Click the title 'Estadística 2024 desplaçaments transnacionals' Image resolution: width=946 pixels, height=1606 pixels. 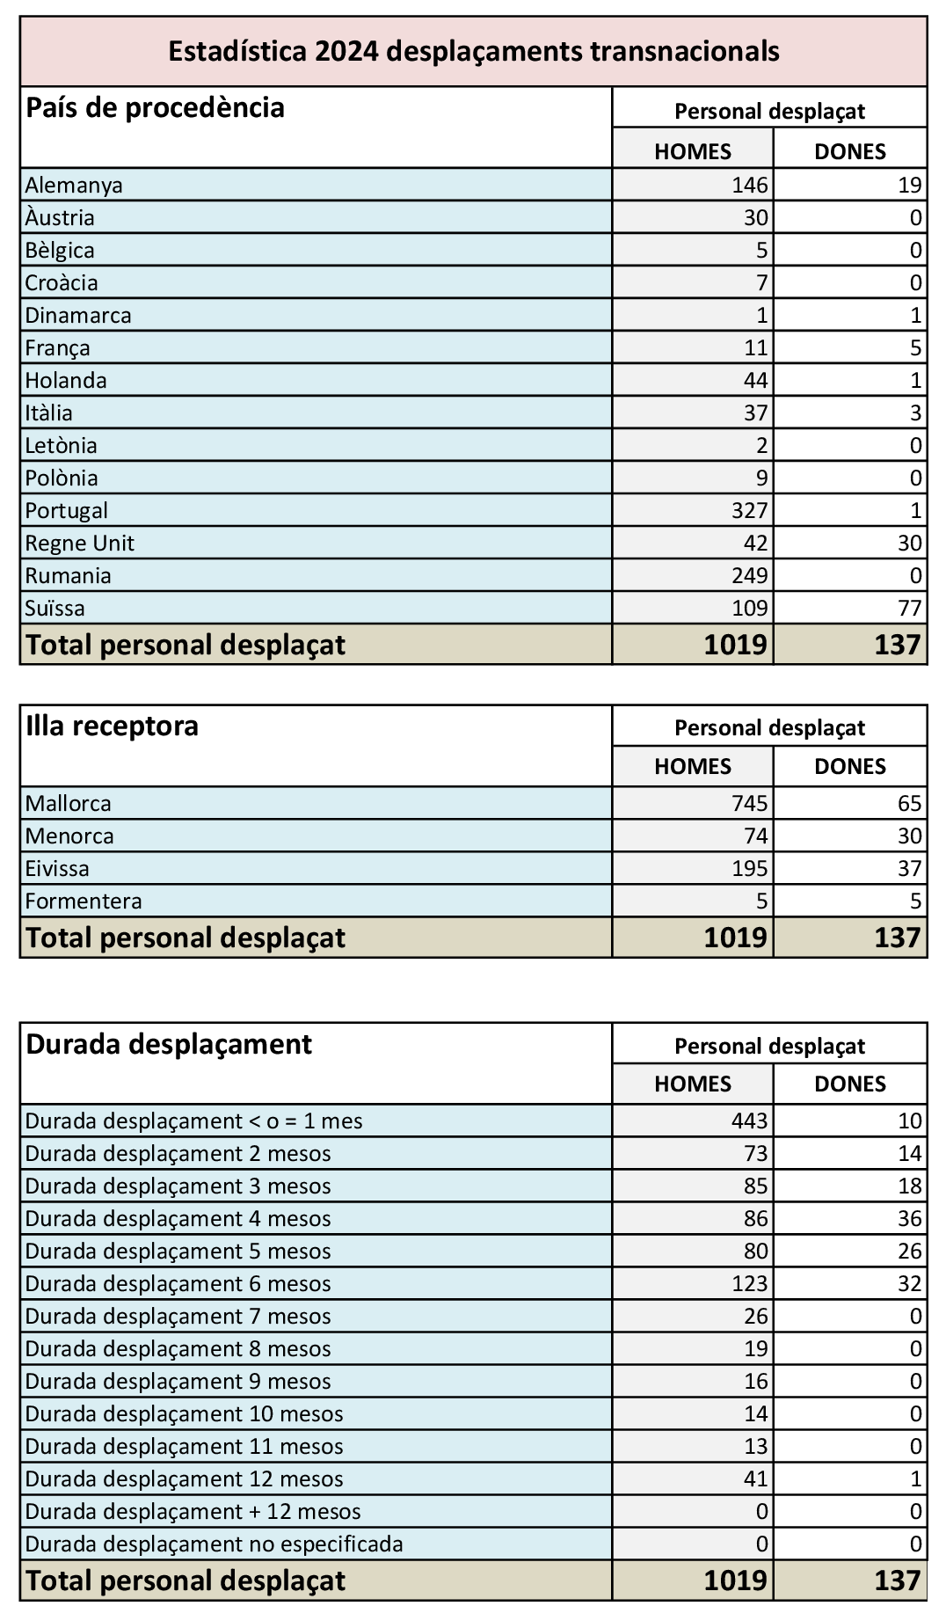coord(473,51)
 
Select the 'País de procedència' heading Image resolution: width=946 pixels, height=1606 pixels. coord(156,108)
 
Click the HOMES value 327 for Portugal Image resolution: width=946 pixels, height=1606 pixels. coord(749,510)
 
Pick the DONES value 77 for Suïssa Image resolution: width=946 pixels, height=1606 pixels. coord(910,608)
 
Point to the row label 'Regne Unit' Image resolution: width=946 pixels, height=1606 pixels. coord(80,543)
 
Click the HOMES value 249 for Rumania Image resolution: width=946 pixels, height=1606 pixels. coord(749,575)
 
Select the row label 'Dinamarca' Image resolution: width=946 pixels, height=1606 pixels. coord(78,315)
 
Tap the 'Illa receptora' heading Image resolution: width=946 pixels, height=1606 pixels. coord(113,726)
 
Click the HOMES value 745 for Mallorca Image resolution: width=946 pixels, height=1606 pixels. coord(749,803)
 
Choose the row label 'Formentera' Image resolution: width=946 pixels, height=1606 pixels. coord(84,901)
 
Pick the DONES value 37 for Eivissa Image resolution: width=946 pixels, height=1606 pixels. coord(910,868)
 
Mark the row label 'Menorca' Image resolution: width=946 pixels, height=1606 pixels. coord(69,836)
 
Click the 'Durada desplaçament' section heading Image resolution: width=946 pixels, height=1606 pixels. coord(169,1044)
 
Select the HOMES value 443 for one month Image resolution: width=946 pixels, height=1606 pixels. coord(749,1121)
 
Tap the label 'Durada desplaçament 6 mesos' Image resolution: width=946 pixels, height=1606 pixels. coord(178,1283)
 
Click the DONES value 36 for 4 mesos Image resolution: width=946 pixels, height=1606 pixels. coord(910,1218)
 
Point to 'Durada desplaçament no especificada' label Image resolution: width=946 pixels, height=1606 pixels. coord(214,1544)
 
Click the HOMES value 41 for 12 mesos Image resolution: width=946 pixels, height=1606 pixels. coord(755,1478)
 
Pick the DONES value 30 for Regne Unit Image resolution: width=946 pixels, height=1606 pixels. coord(910,543)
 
